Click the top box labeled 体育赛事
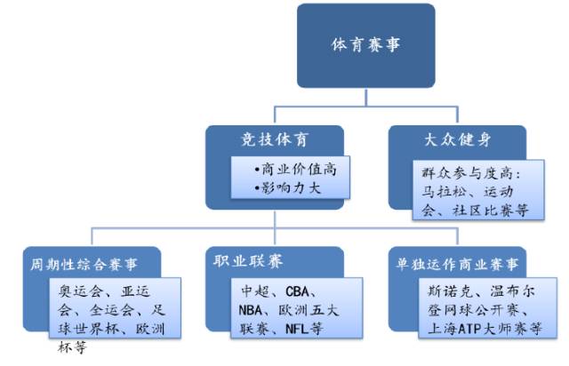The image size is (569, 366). click(x=365, y=44)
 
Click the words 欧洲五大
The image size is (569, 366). click(x=316, y=311)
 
